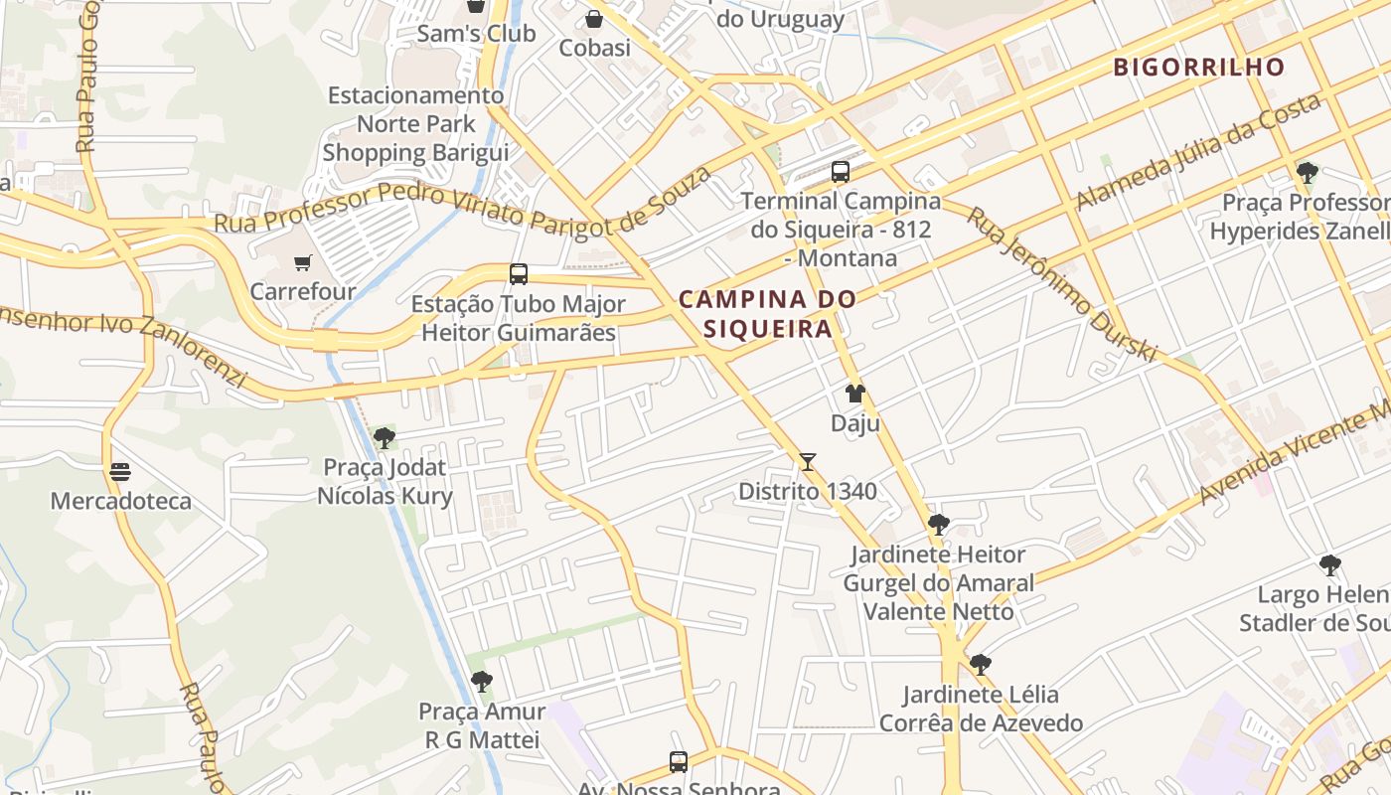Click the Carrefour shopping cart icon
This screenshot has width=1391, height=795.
302,263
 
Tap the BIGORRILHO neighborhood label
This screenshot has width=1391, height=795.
1199,68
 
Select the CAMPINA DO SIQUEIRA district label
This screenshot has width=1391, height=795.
767,313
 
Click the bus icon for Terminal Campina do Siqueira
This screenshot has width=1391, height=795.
841,172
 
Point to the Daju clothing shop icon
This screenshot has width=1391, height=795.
855,395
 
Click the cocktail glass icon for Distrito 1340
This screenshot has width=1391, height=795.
808,462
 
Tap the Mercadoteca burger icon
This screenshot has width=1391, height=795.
120,472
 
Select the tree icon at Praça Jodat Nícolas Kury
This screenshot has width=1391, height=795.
385,438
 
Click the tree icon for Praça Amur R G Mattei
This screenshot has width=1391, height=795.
482,682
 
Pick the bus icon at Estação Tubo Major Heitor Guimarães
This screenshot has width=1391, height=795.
518,274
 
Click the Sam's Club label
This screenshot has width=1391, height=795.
476,34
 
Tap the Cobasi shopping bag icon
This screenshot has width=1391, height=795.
594,19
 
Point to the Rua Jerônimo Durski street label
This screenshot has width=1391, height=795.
1062,284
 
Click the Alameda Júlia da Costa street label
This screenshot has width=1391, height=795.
1198,151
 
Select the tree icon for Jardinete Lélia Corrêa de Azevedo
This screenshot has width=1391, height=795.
981,665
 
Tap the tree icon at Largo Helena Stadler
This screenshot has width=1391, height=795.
1330,566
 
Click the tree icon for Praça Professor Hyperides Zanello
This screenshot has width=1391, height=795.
1308,173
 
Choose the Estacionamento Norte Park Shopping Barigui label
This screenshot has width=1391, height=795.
415,124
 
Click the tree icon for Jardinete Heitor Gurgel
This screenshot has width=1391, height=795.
938,525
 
